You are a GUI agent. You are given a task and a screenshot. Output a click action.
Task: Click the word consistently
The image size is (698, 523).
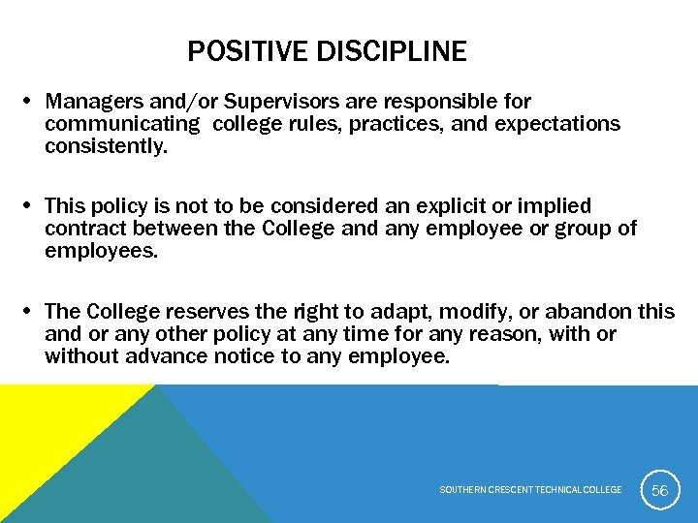pos(106,147)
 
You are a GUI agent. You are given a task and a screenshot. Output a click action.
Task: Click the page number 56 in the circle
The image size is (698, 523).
pos(659,490)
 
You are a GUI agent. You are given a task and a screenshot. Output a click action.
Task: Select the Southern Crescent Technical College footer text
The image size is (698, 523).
pos(530,490)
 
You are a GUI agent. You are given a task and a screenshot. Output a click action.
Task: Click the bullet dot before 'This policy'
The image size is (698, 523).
pos(30,206)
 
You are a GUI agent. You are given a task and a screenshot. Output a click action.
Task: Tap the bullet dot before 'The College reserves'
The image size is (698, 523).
pos(30,311)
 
